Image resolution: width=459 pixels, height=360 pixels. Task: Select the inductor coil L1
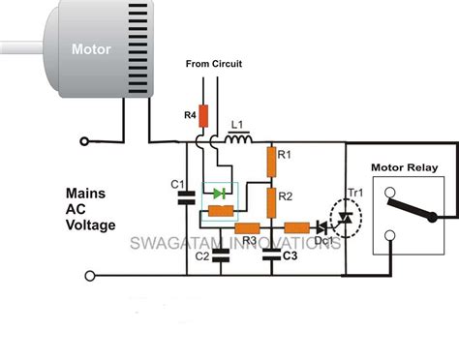pos(236,144)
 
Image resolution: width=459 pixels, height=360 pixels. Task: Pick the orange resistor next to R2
pos(272,201)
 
